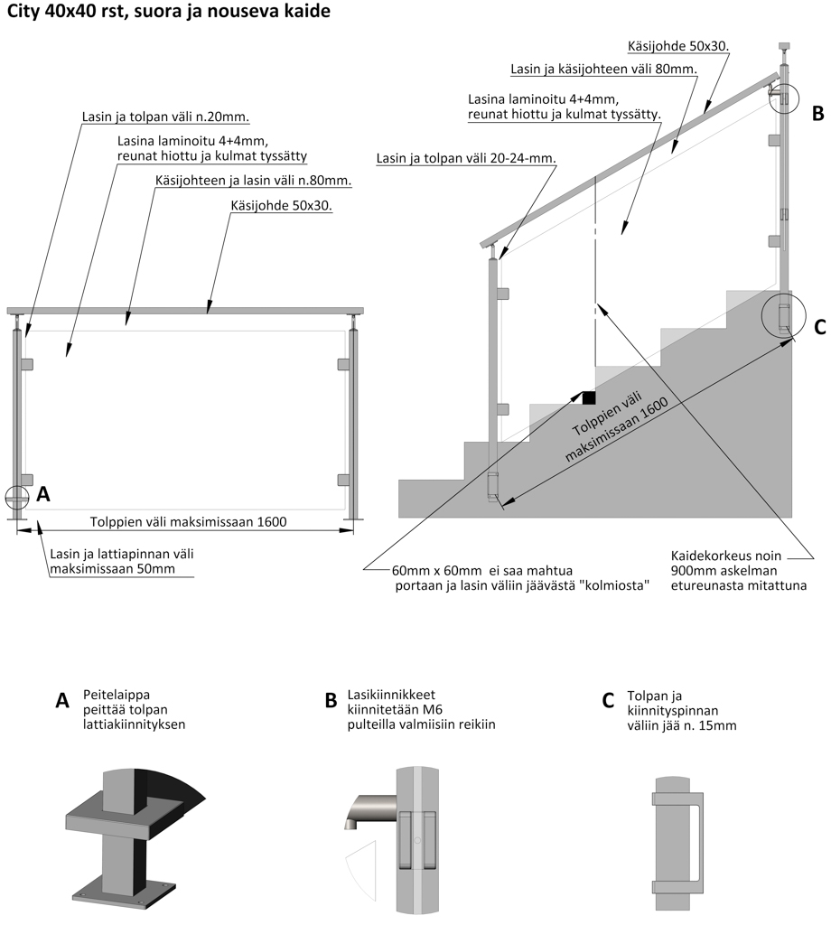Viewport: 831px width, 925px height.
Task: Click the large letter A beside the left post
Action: coord(42,494)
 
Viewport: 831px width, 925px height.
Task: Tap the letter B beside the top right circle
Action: coord(817,113)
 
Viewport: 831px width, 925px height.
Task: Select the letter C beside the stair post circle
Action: coord(819,327)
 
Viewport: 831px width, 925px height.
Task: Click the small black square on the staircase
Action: coord(589,397)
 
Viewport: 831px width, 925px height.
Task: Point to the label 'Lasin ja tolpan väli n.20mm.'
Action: coord(165,117)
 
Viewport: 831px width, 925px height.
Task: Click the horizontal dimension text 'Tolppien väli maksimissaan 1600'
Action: coord(188,522)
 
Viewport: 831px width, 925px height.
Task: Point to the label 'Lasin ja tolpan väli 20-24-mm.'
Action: coord(464,158)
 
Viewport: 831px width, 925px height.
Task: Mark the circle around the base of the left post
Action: coord(17,497)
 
